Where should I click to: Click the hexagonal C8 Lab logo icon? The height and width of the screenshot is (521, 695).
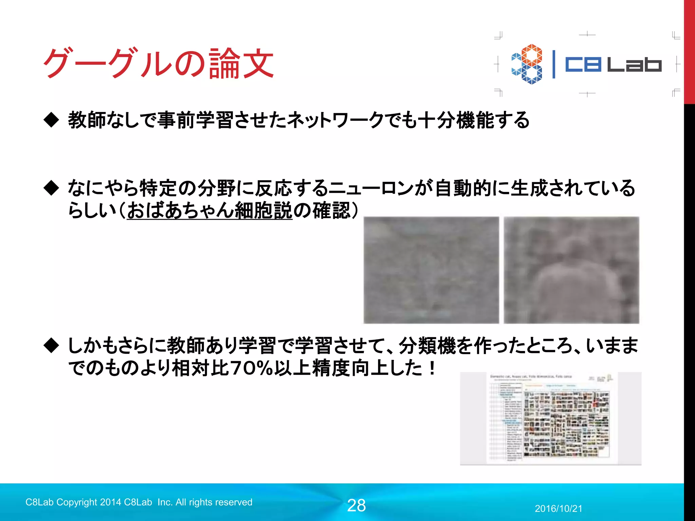point(527,64)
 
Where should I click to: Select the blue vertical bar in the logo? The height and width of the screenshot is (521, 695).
point(554,64)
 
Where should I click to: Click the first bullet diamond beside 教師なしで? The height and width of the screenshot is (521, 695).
point(52,120)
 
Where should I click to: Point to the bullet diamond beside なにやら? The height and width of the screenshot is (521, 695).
point(52,188)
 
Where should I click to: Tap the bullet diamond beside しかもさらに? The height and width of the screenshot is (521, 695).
point(52,346)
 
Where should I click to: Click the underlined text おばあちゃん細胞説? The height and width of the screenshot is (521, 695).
point(209,211)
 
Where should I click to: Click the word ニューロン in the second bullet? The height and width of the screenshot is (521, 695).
point(371,188)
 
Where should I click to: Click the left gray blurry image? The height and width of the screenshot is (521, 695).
point(431,270)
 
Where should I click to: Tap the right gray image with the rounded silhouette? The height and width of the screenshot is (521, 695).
point(571,270)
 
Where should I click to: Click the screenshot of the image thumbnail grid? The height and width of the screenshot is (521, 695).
point(550,419)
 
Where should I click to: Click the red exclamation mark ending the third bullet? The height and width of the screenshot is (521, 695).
point(432,368)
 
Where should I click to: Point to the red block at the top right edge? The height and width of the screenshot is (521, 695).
point(689,51)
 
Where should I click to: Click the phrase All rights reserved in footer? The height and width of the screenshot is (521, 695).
point(214,502)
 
